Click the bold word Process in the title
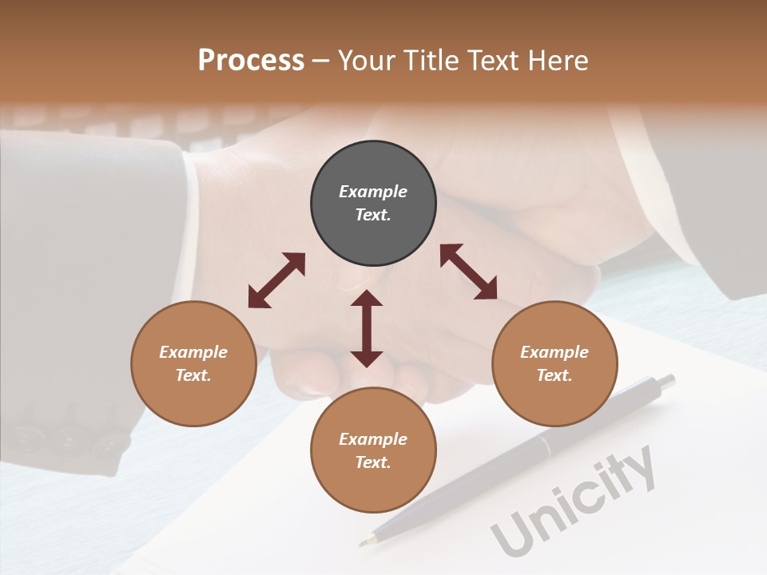click(251, 60)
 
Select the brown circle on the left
click(193, 363)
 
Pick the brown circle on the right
click(554, 363)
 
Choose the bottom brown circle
click(373, 450)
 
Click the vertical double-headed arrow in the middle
click(367, 328)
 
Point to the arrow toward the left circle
click(276, 280)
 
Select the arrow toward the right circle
click(468, 272)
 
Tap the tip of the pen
click(364, 542)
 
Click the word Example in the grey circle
click(373, 192)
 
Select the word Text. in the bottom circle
click(373, 462)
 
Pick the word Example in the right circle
click(554, 352)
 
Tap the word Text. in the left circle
click(193, 375)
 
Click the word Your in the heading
click(367, 60)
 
